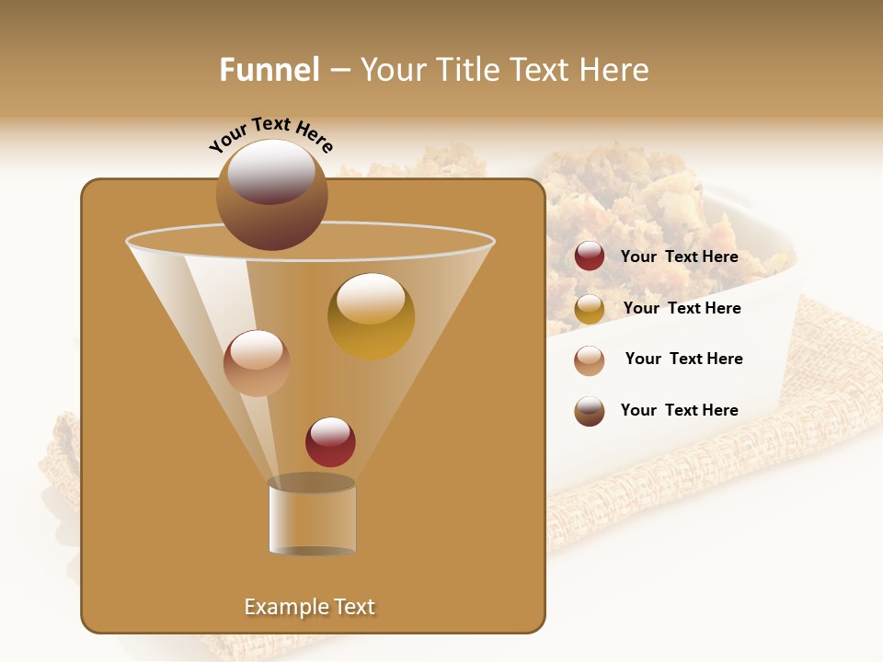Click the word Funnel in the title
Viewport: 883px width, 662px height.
[269, 70]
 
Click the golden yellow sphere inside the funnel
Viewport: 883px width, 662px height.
[371, 316]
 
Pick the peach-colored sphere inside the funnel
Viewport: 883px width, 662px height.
[257, 363]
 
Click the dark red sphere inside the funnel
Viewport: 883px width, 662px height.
[330, 442]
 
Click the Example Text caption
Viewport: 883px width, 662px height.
[309, 607]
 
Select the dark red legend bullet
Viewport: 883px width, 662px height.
[590, 257]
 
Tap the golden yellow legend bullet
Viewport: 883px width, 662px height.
[590, 309]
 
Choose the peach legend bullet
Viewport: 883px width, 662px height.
[590, 360]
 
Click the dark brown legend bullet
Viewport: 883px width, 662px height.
[590, 411]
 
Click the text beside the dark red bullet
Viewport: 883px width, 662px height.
[679, 257]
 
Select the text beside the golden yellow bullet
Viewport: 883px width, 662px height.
[682, 308]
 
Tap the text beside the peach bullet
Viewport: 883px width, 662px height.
[683, 359]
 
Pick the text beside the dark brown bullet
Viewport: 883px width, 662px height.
[679, 410]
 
